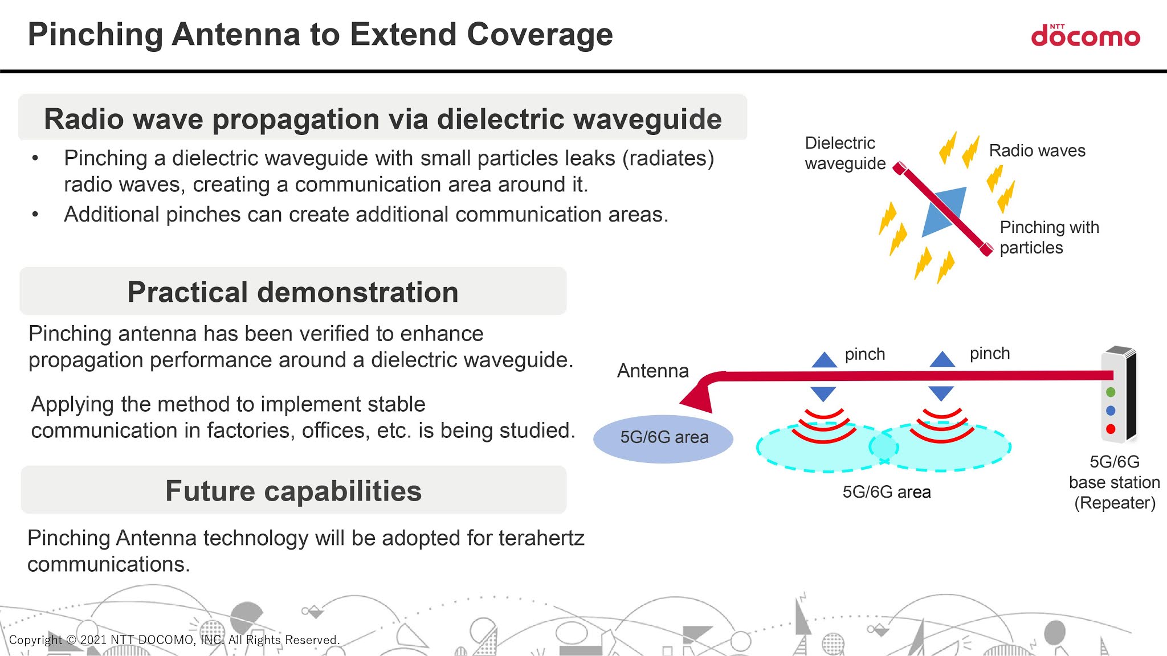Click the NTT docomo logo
tap(1086, 36)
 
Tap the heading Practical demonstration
tap(293, 292)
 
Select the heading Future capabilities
tap(293, 491)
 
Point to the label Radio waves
tap(1037, 151)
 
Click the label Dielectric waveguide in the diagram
tap(844, 153)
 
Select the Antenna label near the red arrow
tap(652, 371)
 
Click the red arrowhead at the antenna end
tap(699, 398)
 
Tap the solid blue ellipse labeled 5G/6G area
tap(663, 438)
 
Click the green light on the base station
tap(1111, 392)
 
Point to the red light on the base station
tap(1111, 429)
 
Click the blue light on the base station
tap(1111, 411)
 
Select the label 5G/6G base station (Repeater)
tap(1114, 482)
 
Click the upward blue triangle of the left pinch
tap(824, 360)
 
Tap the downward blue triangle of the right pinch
tap(941, 392)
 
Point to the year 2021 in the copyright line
tap(93, 640)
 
